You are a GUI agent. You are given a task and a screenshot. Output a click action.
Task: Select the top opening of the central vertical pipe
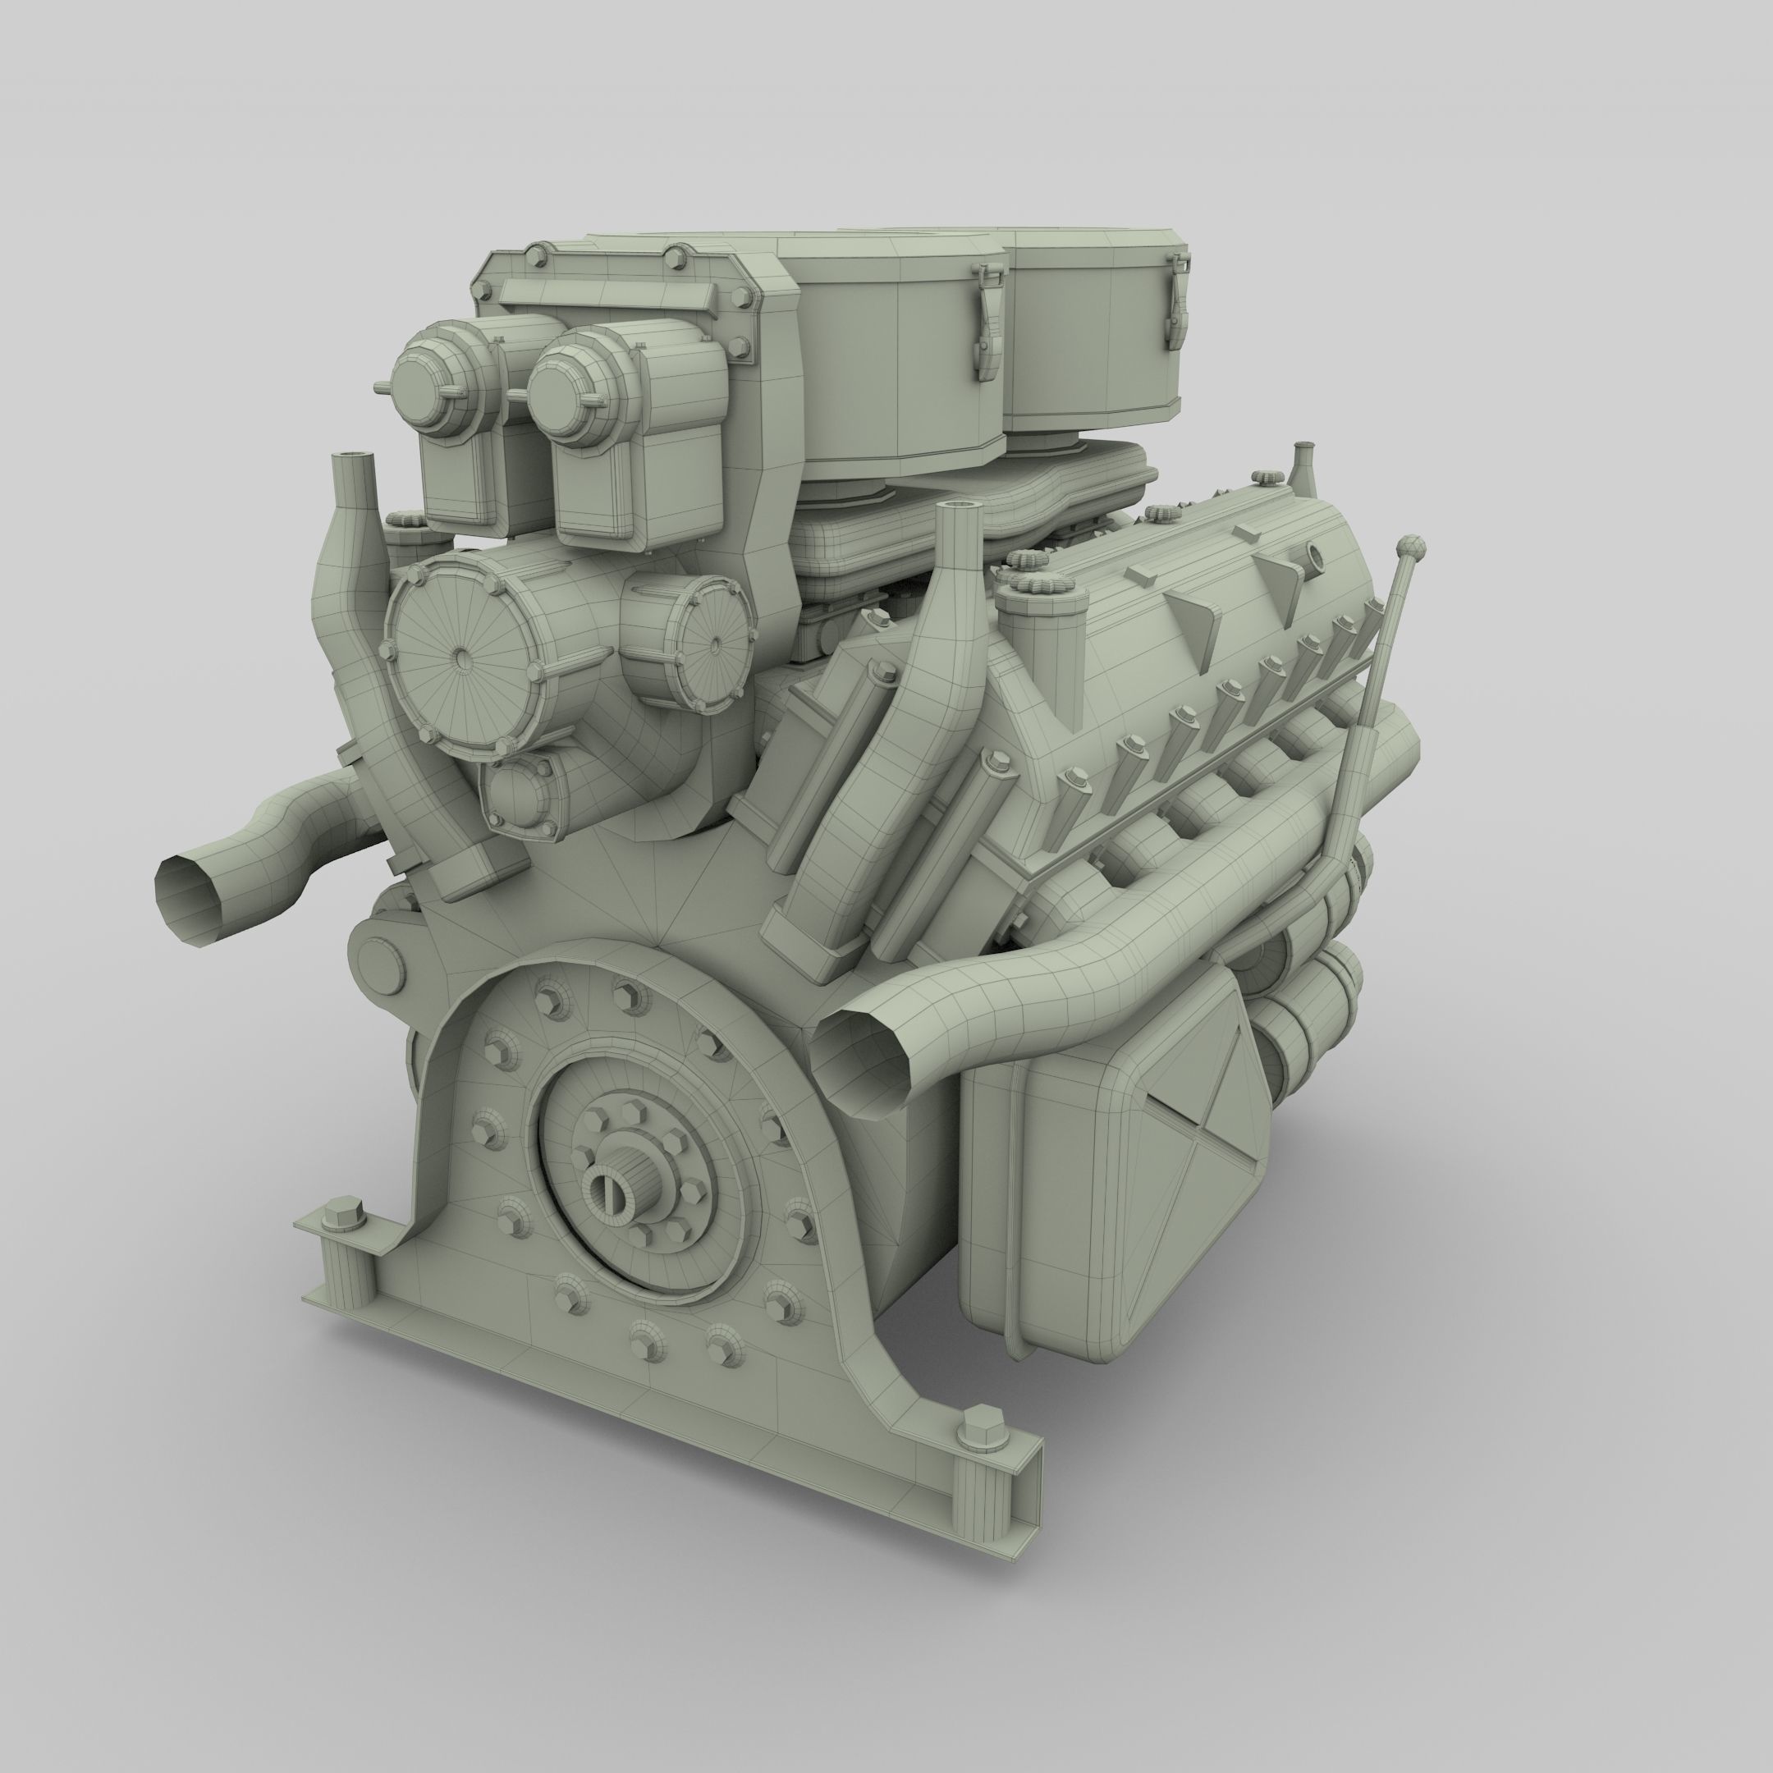(x=955, y=506)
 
